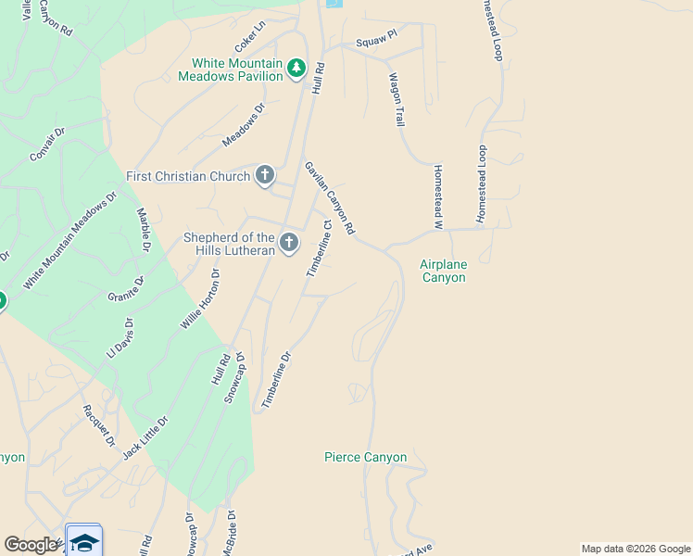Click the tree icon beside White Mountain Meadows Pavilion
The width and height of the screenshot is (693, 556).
point(296,68)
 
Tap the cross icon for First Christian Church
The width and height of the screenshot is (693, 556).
point(265,175)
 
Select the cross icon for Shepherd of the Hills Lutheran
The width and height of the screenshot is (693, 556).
point(289,243)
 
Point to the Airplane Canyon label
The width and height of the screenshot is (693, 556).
point(444,271)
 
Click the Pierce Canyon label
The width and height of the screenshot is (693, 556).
point(365,457)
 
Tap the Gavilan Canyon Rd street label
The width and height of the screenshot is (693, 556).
point(330,197)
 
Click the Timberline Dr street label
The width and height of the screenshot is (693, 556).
point(276,380)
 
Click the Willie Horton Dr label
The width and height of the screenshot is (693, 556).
point(199,299)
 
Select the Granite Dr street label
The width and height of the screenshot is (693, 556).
point(126,290)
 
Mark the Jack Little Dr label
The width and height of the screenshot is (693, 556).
point(145,437)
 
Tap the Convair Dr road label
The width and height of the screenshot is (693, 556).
point(47,145)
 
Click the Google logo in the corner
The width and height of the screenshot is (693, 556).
point(31,545)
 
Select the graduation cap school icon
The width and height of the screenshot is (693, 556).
point(83,543)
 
